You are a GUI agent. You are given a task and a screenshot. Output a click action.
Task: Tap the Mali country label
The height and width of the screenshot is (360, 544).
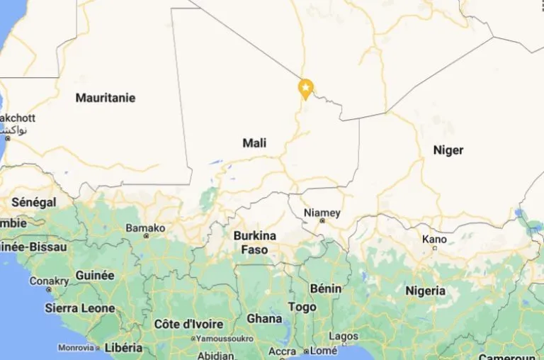pyautogui.click(x=254, y=143)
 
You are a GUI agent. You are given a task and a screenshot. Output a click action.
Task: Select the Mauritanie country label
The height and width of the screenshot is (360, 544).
pyautogui.click(x=106, y=98)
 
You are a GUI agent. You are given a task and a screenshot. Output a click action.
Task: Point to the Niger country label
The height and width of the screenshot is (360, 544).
pyautogui.click(x=448, y=150)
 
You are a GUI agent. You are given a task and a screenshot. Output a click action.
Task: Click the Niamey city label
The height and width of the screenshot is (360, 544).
pyautogui.click(x=322, y=213)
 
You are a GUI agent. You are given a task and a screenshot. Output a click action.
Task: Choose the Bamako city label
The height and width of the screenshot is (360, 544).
pyautogui.click(x=145, y=228)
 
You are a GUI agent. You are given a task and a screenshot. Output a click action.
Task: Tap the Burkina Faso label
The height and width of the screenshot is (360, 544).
pyautogui.click(x=254, y=242)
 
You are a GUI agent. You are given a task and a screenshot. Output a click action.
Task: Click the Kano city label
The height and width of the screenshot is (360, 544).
pyautogui.click(x=434, y=240)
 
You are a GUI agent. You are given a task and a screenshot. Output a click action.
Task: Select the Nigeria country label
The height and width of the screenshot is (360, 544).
pyautogui.click(x=425, y=291)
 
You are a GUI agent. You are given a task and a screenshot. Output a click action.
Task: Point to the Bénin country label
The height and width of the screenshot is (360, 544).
pyautogui.click(x=325, y=288)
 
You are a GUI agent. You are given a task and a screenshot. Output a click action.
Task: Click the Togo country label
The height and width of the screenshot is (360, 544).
pyautogui.click(x=302, y=307)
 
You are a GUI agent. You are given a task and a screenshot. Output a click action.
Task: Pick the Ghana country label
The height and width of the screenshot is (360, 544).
pyautogui.click(x=264, y=318)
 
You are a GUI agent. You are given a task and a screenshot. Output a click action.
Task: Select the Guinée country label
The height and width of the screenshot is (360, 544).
pyautogui.click(x=94, y=275)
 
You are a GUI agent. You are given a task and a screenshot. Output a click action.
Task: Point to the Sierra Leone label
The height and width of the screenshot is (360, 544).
pyautogui.click(x=79, y=308)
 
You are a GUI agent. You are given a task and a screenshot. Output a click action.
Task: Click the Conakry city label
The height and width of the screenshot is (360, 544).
pyautogui.click(x=49, y=281)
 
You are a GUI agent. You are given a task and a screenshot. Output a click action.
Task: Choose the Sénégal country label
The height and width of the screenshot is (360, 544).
pyautogui.click(x=33, y=203)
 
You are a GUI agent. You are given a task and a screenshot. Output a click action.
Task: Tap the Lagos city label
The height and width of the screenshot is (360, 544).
pyautogui.click(x=344, y=336)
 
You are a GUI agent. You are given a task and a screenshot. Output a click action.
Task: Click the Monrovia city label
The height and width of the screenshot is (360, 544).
pyautogui.click(x=76, y=348)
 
